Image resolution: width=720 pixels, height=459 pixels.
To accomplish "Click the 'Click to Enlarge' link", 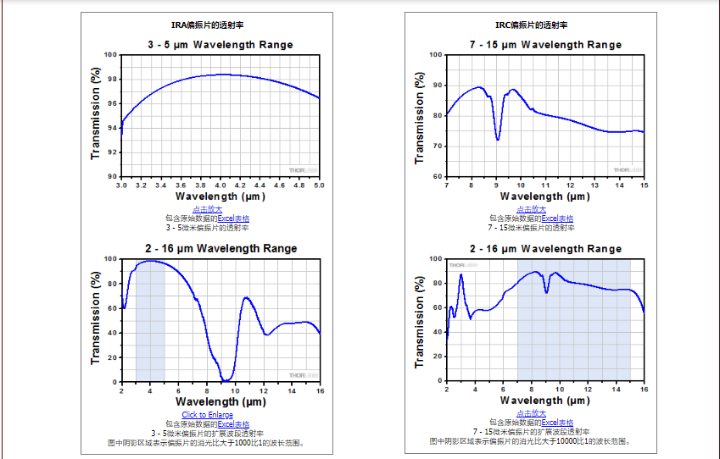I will click(207, 415).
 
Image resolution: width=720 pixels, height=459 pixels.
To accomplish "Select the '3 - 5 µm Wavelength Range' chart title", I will click(220, 45).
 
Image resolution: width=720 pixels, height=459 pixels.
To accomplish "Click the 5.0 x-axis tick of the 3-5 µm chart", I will click(320, 185).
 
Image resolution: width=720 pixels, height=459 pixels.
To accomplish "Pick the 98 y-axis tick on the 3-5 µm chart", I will click(112, 80).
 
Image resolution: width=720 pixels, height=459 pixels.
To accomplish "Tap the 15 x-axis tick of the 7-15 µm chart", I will click(644, 185).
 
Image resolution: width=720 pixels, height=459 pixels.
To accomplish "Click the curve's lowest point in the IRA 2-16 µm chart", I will click(226, 380).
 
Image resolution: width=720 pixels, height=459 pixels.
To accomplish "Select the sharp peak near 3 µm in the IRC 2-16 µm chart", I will click(461, 274).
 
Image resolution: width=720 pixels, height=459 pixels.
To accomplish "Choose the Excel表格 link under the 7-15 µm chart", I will click(557, 218).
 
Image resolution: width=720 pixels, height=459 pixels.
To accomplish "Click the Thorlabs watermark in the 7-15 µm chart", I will click(627, 169).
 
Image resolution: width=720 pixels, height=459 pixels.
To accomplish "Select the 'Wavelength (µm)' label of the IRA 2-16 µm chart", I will click(220, 401).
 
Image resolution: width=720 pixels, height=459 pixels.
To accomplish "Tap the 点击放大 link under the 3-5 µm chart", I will click(207, 209).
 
